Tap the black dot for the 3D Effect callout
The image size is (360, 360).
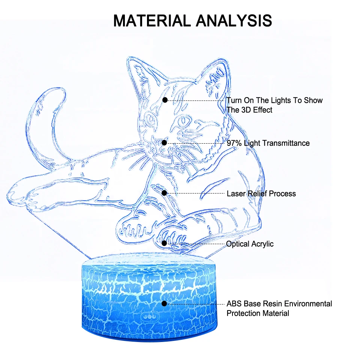pyautogui.click(x=164, y=100)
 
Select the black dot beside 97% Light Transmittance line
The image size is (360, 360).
pyautogui.click(x=164, y=143)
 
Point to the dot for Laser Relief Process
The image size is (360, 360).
pyautogui.click(x=164, y=193)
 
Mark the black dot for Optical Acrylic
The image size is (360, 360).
pyautogui.click(x=164, y=243)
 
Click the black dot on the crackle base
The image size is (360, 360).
pyautogui.click(x=164, y=303)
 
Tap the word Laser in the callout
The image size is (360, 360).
pyautogui.click(x=236, y=194)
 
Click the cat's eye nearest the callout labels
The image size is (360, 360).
pyautogui.click(x=184, y=122)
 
